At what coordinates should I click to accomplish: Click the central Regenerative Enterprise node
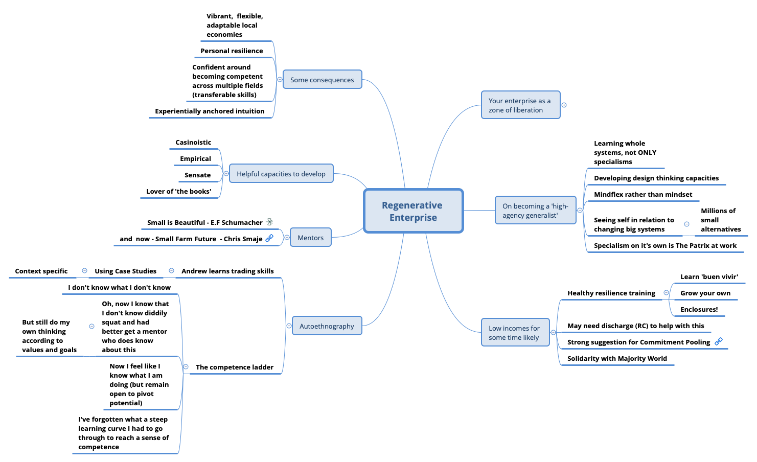[x=413, y=211]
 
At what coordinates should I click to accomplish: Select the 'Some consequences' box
[x=322, y=80]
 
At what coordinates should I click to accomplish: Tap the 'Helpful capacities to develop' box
[x=281, y=174]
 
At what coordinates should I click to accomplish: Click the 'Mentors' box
[x=310, y=238]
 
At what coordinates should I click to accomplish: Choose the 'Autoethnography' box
[x=327, y=326]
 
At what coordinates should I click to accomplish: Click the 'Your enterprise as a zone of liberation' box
[x=520, y=105]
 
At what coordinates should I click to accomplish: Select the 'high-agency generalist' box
[x=535, y=211]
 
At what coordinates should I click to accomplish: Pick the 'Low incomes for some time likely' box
[x=515, y=333]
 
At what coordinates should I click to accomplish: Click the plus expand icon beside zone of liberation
[x=564, y=105]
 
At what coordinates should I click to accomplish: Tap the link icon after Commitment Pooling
[x=719, y=341]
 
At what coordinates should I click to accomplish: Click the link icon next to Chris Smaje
[x=269, y=238]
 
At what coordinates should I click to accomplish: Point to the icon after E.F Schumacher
[x=269, y=222]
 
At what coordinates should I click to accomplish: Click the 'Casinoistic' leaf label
[x=193, y=143]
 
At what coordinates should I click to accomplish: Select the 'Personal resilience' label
[x=232, y=51]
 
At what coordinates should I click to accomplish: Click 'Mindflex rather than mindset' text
[x=643, y=195]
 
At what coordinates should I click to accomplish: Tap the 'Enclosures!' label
[x=699, y=310]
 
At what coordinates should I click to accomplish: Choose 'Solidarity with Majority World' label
[x=617, y=359]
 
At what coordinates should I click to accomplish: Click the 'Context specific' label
[x=41, y=271]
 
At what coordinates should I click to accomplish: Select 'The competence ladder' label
[x=235, y=367]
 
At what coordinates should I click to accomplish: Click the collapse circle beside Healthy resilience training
[x=666, y=293]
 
